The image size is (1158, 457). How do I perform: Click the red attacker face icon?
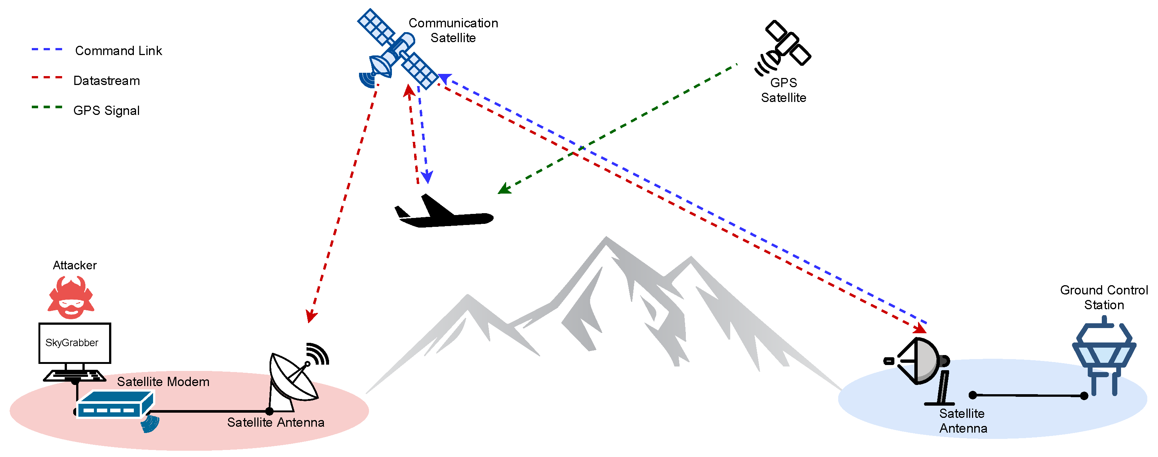tap(71, 297)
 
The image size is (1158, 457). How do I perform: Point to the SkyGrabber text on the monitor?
tap(72, 343)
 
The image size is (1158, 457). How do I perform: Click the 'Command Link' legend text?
tap(118, 51)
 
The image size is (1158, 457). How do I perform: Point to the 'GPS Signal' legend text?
tap(106, 110)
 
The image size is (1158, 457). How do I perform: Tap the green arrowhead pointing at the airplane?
tap(504, 189)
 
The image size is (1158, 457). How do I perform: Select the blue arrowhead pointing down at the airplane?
tap(427, 177)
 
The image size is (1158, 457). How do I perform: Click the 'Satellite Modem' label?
tap(163, 382)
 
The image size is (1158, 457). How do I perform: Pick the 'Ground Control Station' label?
tap(1104, 297)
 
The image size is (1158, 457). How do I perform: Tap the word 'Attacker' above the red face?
tap(75, 266)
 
